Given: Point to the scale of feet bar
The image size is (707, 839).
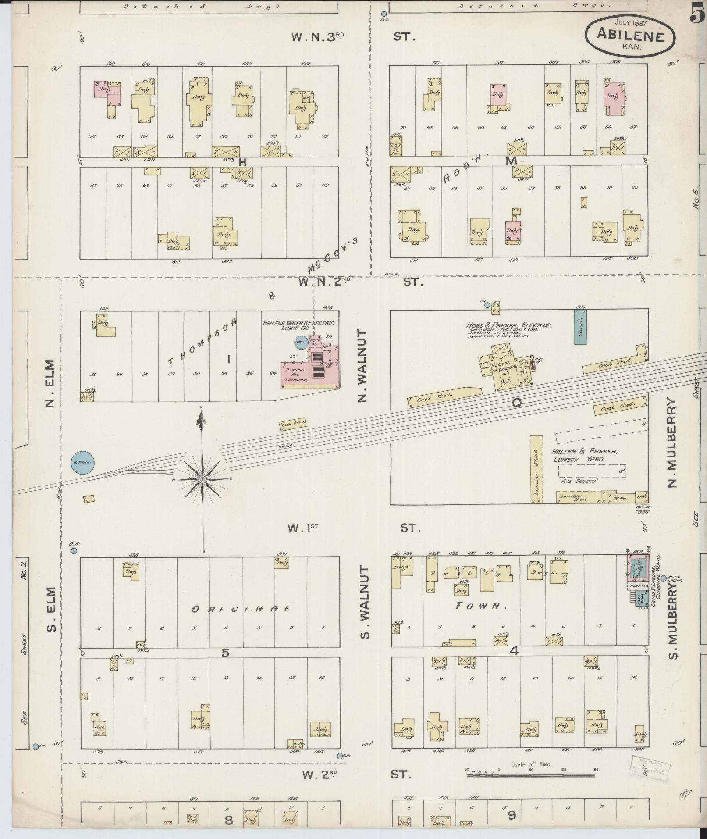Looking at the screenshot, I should [531, 775].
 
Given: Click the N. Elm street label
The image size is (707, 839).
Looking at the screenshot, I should [50, 383].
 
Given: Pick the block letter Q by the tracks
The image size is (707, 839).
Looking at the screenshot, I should [516, 403].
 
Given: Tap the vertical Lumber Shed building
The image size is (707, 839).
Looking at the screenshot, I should [536, 469].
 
